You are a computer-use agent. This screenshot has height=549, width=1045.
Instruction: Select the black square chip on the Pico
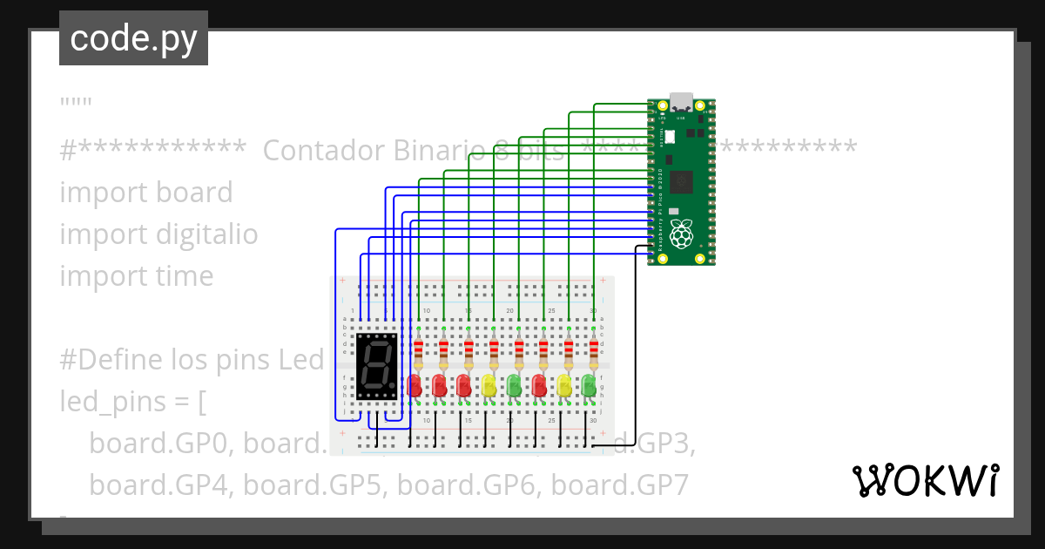684,182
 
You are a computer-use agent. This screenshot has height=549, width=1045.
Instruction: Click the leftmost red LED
415,384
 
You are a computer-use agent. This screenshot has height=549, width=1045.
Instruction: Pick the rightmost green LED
590,384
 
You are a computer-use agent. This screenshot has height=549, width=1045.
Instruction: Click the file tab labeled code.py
133,39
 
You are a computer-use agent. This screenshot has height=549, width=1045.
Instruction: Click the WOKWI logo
925,481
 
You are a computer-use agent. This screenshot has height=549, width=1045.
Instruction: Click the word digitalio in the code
207,234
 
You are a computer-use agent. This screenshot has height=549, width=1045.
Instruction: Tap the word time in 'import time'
185,276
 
